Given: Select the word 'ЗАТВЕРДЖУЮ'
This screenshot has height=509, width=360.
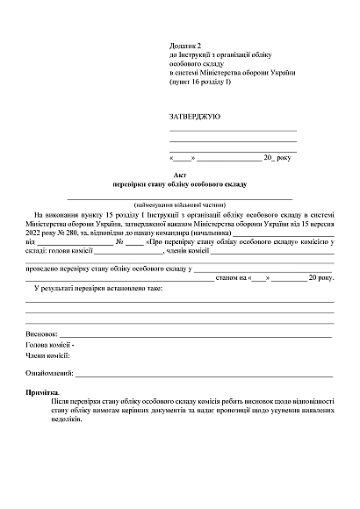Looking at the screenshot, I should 194,116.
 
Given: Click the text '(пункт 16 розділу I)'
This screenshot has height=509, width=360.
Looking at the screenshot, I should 200,81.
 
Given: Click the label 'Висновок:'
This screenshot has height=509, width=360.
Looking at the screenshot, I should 41,334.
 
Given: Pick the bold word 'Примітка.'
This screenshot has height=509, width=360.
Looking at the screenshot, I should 43,392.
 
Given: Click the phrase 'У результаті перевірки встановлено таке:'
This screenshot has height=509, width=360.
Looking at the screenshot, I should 98,288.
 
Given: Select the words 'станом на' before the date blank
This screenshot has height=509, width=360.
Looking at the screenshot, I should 231,276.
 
